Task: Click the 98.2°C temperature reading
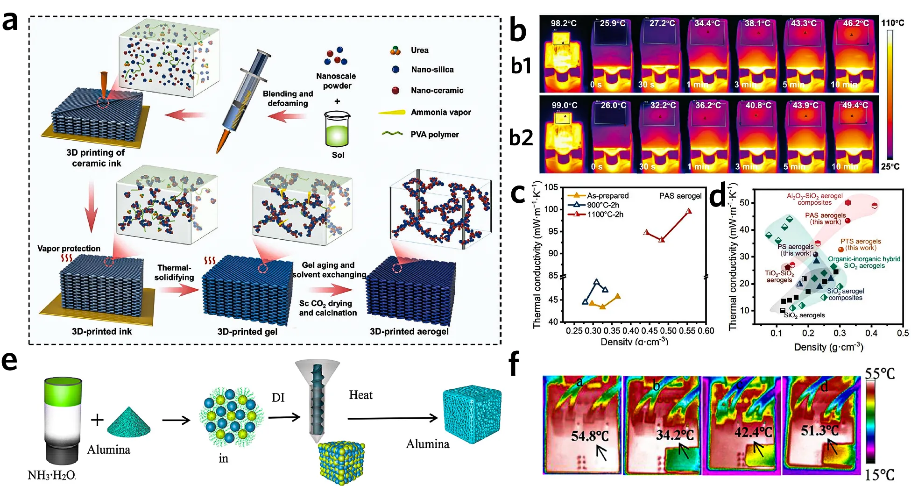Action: coord(564,23)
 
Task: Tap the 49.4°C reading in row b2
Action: coord(855,106)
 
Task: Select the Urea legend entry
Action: coord(419,50)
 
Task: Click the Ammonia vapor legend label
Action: coord(440,113)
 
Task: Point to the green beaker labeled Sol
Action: coord(337,129)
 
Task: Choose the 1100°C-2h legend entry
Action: coord(605,214)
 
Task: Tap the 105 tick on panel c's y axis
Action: coord(551,187)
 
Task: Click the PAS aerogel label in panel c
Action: coord(680,196)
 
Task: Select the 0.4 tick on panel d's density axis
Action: coord(871,333)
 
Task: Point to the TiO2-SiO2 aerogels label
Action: coord(779,277)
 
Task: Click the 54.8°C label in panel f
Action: coord(590,436)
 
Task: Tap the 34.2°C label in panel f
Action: coord(675,435)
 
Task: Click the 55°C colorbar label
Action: coord(880,374)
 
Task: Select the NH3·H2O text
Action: coord(51,475)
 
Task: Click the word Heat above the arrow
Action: coord(360,395)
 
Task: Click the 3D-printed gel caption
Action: coord(247,332)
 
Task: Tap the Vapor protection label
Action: coord(69,249)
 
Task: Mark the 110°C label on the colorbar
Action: coord(892,23)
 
